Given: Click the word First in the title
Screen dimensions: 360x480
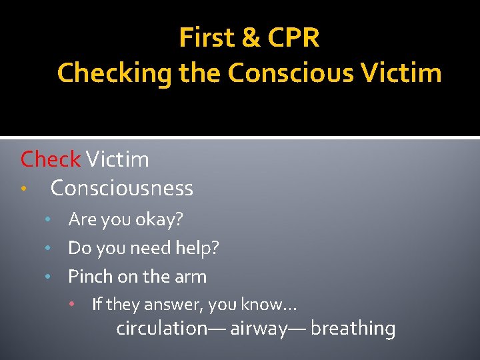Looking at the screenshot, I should pos(206,39).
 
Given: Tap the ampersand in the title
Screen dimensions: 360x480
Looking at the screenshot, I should pos(251,39).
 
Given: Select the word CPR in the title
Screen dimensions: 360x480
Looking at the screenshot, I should pos(293,39).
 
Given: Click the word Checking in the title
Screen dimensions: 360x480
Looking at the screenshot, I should pos(115,73).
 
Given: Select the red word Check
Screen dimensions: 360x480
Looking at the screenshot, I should pos(50,159).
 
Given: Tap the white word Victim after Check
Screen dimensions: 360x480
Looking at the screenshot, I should pos(117,159).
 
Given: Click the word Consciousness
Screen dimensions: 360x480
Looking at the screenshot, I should pos(122,189).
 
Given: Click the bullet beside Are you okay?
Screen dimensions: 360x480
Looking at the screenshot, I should pos(47,219).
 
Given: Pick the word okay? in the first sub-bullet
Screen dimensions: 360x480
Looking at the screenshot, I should pos(159,219).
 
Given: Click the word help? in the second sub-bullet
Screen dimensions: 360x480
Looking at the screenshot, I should pos(198,249).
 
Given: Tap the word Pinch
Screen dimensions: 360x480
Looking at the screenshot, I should pos(90,276).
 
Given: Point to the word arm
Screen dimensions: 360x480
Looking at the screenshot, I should pos(190,277).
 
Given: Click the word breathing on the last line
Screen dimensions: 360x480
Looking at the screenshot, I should pos(353,329).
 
